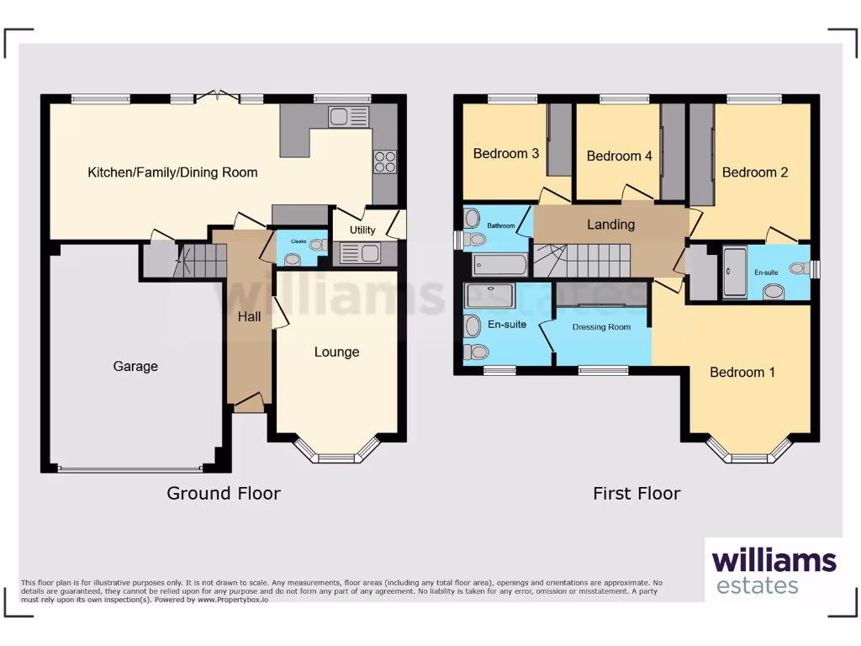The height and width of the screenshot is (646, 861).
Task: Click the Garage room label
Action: point(135,366)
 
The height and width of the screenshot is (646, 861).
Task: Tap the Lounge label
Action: point(336,352)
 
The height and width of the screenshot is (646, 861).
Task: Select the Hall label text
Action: point(249,317)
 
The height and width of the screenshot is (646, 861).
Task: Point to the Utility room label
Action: point(363,230)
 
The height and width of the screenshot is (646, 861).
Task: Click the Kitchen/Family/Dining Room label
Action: point(172,172)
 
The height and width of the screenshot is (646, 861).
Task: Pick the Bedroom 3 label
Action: point(506,153)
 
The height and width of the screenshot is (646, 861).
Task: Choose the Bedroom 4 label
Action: point(614,156)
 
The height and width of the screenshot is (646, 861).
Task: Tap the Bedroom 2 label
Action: point(755,172)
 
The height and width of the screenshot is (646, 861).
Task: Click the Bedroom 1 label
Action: point(742,372)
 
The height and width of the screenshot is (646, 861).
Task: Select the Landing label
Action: point(610,224)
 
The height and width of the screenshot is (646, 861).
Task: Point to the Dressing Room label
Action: point(601,326)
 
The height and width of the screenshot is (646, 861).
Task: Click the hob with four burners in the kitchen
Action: point(385,161)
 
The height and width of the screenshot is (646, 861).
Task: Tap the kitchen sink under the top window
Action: point(348,117)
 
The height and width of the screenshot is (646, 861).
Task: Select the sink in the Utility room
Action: point(357,252)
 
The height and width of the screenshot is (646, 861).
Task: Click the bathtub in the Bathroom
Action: point(499,265)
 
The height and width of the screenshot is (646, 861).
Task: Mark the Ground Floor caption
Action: point(224,493)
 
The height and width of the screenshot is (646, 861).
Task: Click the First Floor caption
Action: point(637,494)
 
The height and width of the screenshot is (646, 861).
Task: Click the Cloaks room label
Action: point(298,241)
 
